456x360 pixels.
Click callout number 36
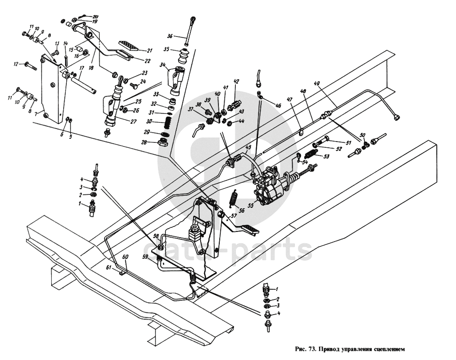click(170, 36)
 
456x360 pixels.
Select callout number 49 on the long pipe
click(317, 84)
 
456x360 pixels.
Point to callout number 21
click(149, 51)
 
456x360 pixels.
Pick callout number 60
click(125, 257)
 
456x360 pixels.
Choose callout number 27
click(133, 122)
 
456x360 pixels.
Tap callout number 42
click(236, 81)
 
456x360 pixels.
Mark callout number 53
click(326, 157)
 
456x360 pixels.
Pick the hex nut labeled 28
click(163, 143)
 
